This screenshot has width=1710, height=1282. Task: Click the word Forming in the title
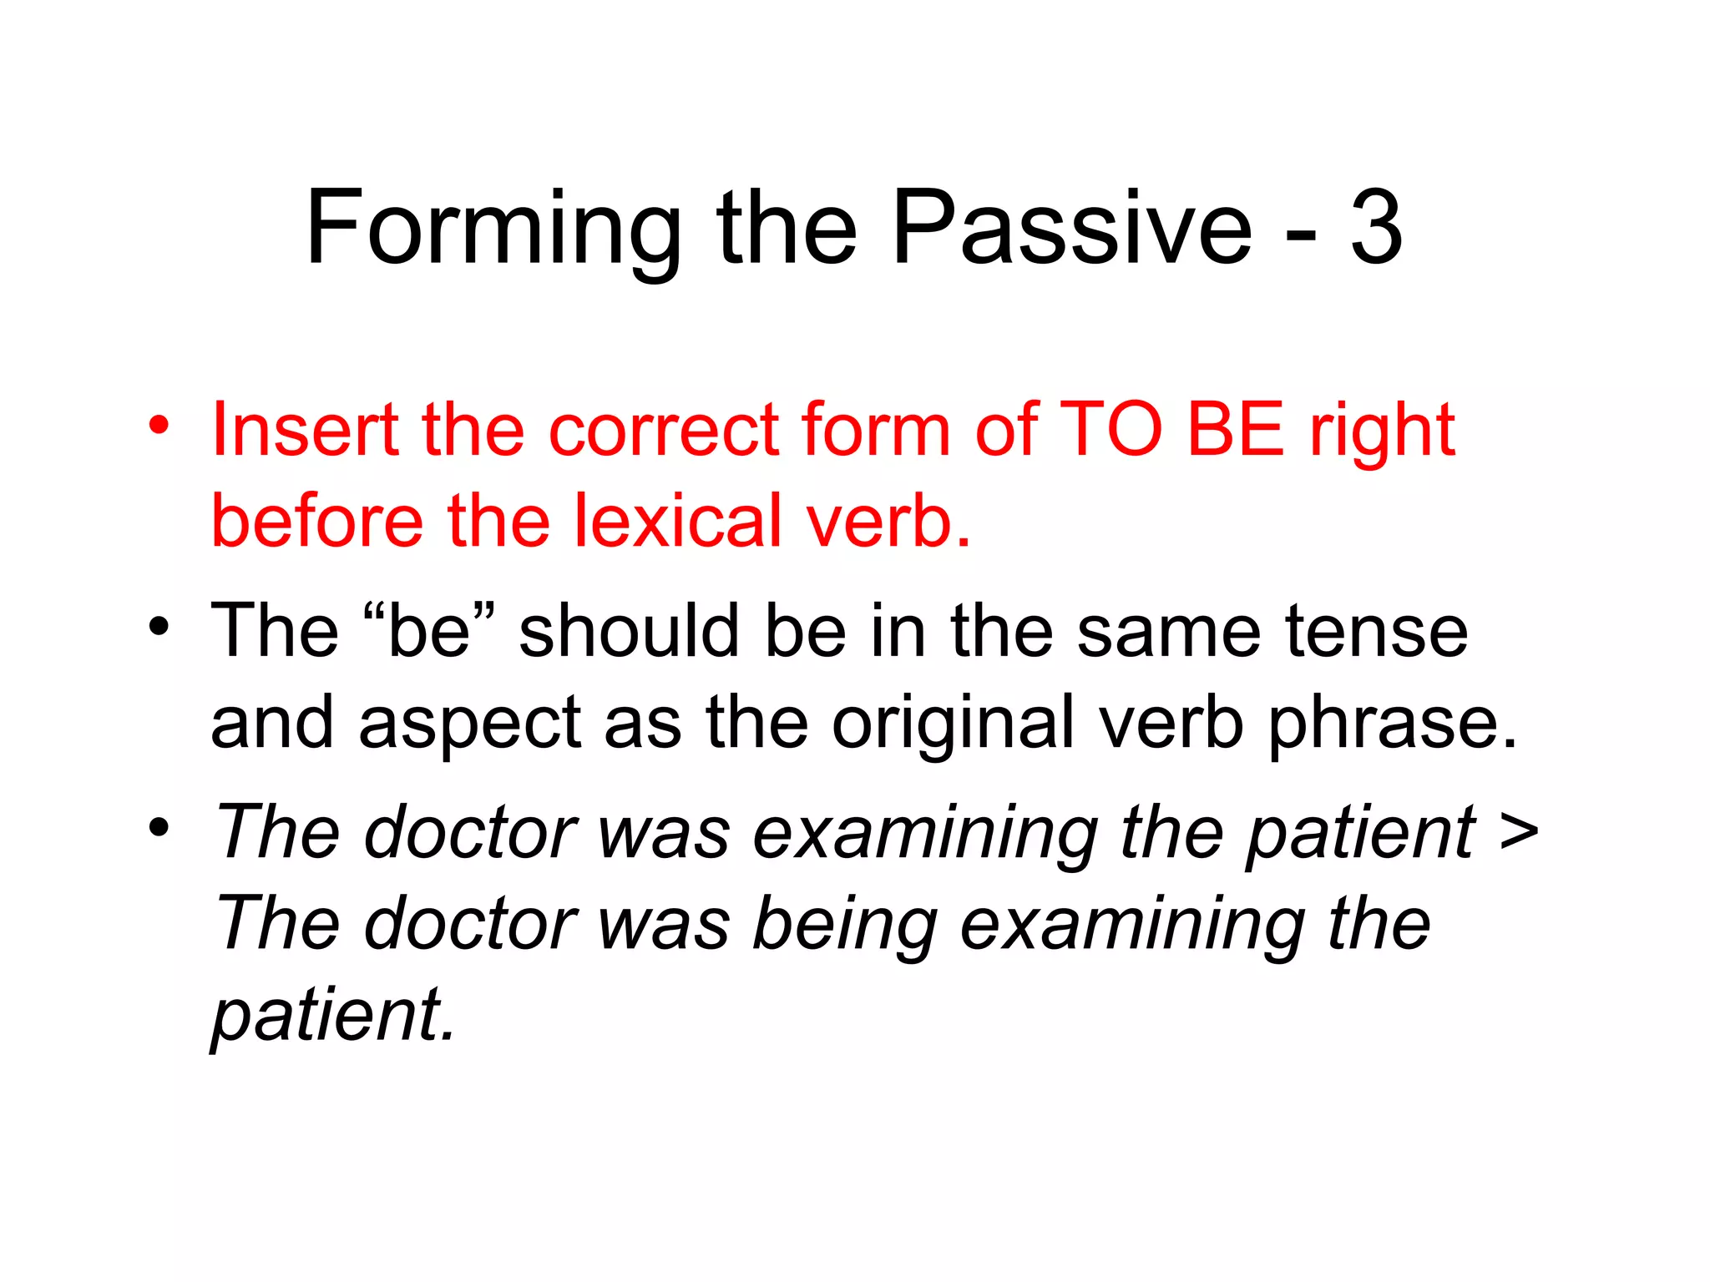493,230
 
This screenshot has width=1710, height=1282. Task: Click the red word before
317,522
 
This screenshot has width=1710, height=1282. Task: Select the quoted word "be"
429,631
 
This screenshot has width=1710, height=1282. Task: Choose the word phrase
1391,724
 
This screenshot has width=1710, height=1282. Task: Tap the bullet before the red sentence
159,425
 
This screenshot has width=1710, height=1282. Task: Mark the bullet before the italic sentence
159,827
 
